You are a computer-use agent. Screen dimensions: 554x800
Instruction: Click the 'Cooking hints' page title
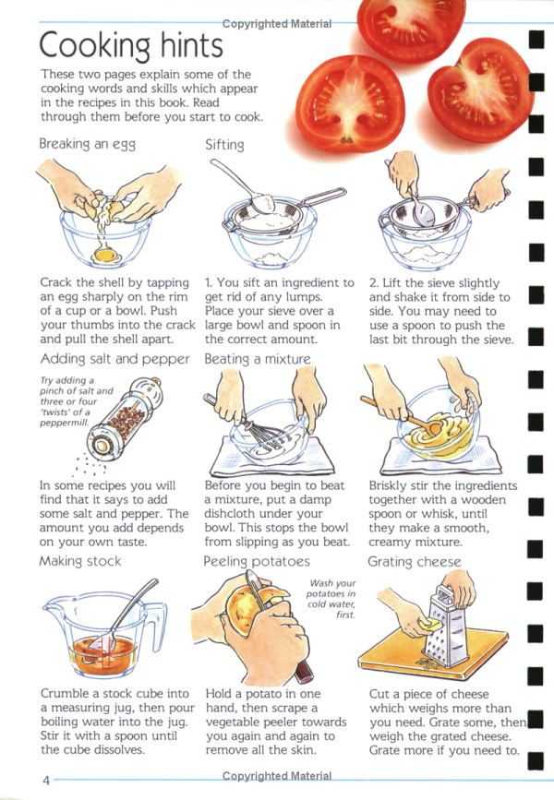coord(131,45)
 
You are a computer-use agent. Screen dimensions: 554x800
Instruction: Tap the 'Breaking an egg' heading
coord(88,144)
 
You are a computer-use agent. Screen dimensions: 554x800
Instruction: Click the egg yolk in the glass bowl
coord(104,253)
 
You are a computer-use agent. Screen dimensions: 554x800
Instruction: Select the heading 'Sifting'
coord(224,145)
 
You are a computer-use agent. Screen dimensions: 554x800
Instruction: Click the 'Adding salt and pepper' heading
coord(114,359)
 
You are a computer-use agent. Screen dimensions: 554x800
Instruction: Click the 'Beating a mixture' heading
coord(258,359)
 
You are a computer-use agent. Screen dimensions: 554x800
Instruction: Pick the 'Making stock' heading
coord(80,561)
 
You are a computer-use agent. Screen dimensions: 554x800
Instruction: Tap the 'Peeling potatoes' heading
coord(257,562)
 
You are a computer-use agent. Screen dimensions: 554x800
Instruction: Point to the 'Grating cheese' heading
coord(414,562)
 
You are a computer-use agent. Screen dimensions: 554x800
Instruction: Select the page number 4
coord(46,780)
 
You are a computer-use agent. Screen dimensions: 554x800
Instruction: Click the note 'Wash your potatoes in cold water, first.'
coord(331,599)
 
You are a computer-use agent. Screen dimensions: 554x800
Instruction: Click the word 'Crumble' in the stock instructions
coord(64,693)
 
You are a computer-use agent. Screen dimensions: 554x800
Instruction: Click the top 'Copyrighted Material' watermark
coord(277,24)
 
